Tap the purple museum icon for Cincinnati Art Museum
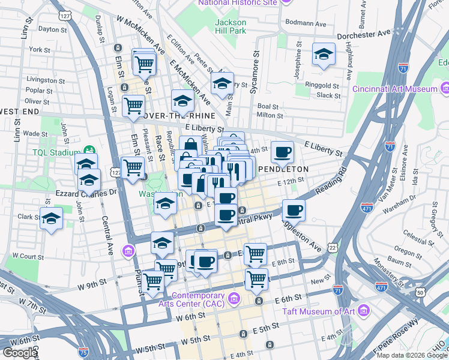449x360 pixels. [445, 89]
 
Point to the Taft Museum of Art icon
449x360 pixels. [363, 311]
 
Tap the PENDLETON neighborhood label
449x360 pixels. [283, 169]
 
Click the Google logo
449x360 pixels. [19, 353]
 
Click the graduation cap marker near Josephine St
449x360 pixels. [324, 54]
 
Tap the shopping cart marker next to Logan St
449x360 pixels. [132, 105]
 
